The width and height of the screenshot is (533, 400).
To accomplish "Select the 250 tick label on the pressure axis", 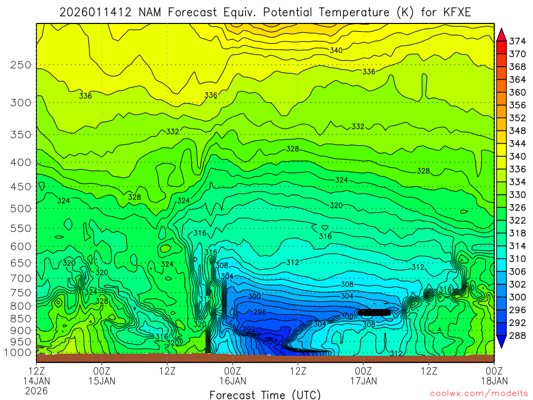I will (21, 65).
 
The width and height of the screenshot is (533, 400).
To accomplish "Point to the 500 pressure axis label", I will (21, 208).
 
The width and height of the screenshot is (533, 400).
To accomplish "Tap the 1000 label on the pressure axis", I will (19, 353).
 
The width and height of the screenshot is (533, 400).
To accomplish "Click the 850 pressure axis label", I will (21, 318).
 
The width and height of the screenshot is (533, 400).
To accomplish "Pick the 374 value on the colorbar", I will (517, 41).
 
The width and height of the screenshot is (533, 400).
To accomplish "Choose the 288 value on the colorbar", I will (517, 335).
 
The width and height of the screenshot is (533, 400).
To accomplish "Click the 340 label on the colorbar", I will (517, 156).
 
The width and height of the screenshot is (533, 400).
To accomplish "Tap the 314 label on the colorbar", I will (517, 246).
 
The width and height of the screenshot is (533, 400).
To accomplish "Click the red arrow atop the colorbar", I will (501, 34).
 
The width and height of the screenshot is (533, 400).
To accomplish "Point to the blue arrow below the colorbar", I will (501, 342).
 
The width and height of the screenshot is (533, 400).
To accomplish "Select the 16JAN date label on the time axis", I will (233, 380).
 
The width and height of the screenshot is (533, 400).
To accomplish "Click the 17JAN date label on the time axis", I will (363, 380).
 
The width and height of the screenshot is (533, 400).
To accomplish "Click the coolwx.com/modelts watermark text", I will (478, 394).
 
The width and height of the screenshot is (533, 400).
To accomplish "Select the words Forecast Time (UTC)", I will (265, 394).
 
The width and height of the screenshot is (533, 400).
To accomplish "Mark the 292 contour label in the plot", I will (249, 329).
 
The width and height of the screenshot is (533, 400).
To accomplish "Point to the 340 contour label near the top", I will (336, 50).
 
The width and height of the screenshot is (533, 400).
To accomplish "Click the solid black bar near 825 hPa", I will (374, 312).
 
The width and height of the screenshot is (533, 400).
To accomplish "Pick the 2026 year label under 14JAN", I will (36, 390).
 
